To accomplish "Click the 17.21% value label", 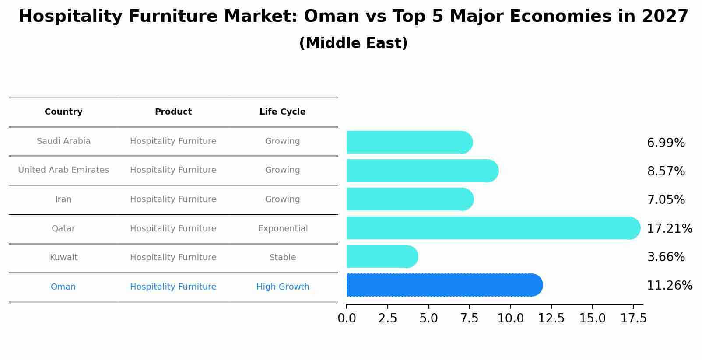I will tap(669, 229).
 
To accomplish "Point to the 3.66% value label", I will tap(666, 257).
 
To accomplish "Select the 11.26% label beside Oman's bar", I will tap(669, 286).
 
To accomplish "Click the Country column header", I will tap(63, 112).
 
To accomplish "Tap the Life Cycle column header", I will tap(282, 112).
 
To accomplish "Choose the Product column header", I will tap(173, 112).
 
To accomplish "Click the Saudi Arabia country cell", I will tap(63, 141).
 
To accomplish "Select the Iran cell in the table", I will tap(63, 199).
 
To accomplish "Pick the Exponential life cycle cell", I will tap(283, 229).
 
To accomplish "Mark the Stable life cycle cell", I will tap(283, 258).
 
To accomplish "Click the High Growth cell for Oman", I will tap(283, 287).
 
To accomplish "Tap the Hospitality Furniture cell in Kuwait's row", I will tap(173, 258).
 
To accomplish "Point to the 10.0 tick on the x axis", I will tap(510, 318).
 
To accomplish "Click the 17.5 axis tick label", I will tap(633, 318).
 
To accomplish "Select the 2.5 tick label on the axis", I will tap(387, 318).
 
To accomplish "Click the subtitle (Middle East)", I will tap(353, 43).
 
